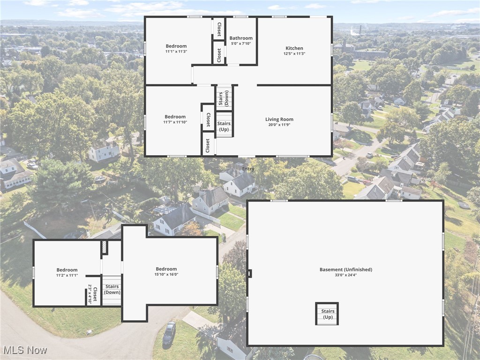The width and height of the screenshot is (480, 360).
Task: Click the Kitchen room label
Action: point(294,48)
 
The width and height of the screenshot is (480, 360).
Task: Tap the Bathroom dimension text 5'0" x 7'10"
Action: point(241,44)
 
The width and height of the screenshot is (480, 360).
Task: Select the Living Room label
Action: point(279,120)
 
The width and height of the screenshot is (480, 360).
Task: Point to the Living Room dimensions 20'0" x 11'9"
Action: point(279,125)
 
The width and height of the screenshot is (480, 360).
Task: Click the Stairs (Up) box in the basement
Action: point(327,314)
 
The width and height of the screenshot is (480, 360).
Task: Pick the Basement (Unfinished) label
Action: point(345,270)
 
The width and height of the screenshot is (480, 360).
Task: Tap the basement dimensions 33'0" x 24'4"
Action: point(345,275)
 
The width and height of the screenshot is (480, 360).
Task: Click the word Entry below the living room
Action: point(248,169)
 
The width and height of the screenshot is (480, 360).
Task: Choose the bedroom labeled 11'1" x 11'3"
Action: point(176,49)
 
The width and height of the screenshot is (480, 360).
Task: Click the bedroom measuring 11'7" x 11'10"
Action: point(175,120)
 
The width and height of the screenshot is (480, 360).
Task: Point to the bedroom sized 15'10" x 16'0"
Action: point(166,272)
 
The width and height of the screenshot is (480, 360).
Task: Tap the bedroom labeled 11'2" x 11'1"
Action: point(67,272)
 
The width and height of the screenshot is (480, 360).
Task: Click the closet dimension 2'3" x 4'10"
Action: point(90,294)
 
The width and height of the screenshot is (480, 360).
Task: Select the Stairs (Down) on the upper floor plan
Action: point(112,289)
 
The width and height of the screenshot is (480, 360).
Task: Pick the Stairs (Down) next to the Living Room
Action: point(224,97)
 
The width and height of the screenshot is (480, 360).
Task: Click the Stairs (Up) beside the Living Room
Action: point(224,126)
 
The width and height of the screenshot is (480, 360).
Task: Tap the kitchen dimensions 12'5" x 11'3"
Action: point(294,53)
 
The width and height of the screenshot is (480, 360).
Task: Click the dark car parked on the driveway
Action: point(169,332)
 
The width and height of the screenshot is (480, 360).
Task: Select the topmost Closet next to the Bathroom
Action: point(218,29)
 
